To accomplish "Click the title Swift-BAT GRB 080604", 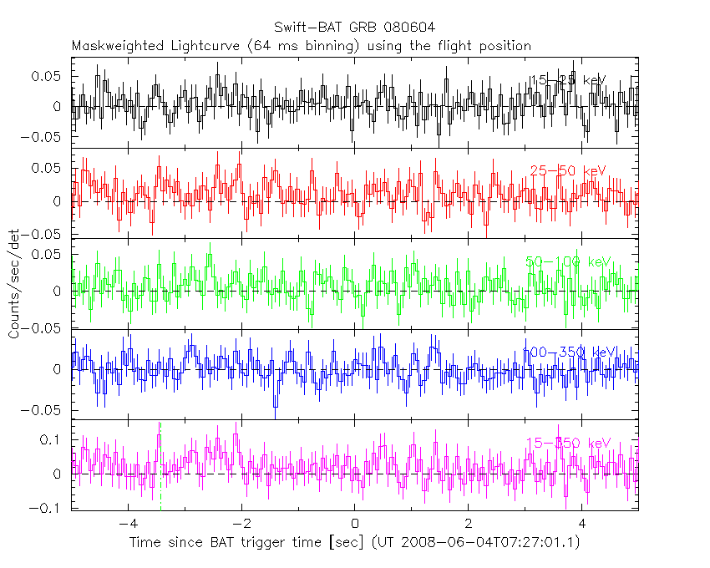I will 354,28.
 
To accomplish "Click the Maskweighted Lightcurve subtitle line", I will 301,46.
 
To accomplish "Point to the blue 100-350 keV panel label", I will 568,352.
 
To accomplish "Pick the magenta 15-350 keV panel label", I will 568,443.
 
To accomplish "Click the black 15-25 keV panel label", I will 568,80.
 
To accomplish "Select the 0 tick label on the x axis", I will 355,525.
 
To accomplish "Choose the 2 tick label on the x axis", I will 469,525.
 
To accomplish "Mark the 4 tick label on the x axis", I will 582,525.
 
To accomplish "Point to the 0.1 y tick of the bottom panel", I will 54,439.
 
